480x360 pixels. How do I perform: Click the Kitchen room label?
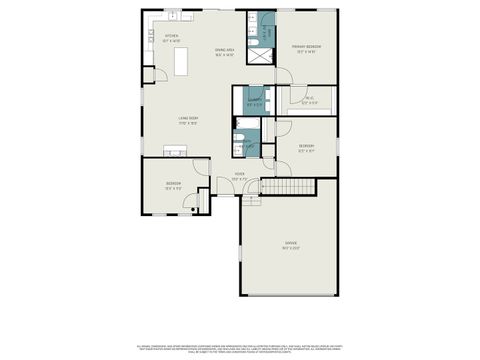(x=172, y=38)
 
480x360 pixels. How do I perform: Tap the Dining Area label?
(x=224, y=51)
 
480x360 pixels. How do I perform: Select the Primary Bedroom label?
(x=305, y=49)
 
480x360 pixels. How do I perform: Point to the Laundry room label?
(x=255, y=101)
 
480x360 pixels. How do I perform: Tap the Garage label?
(x=291, y=244)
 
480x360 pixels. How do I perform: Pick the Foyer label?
(x=240, y=177)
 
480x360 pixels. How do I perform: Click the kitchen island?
(x=181, y=61)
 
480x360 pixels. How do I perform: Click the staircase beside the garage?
(x=296, y=188)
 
